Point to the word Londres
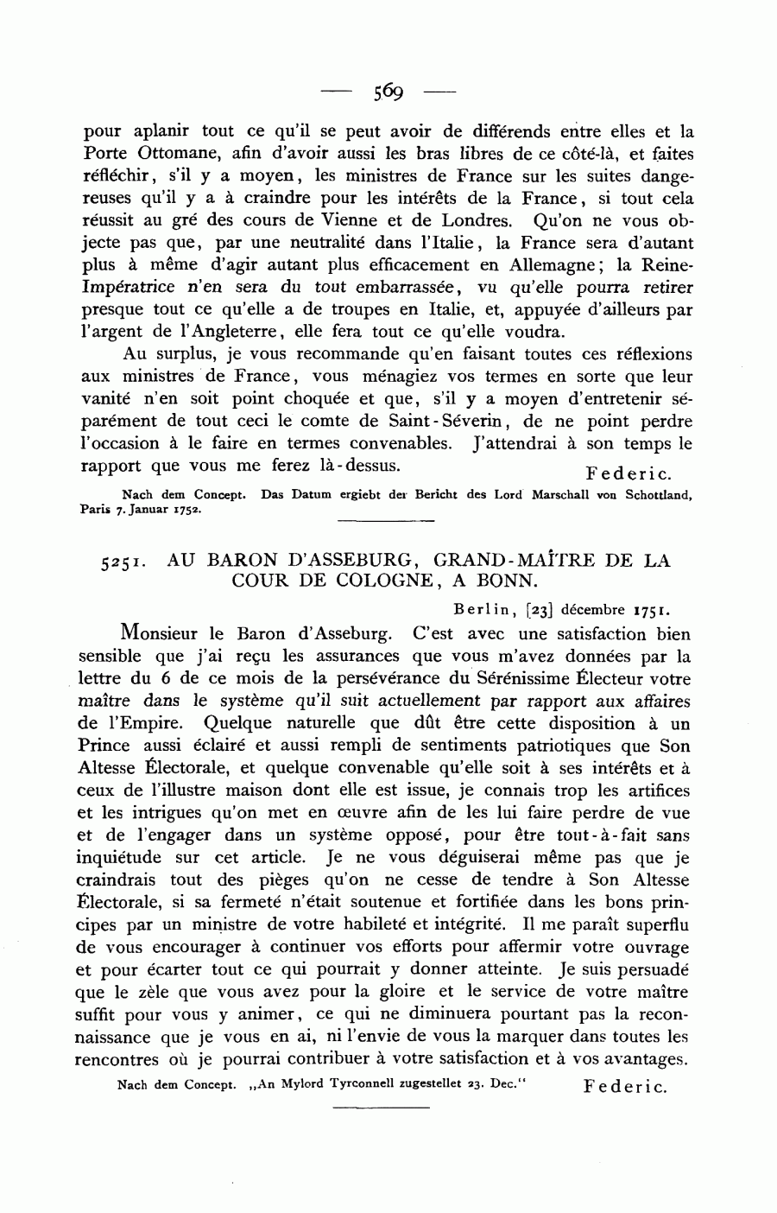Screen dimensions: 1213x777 pos(477,221)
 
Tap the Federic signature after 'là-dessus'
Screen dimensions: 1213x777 pos(628,473)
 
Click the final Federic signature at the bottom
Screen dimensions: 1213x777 pos(626,1087)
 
